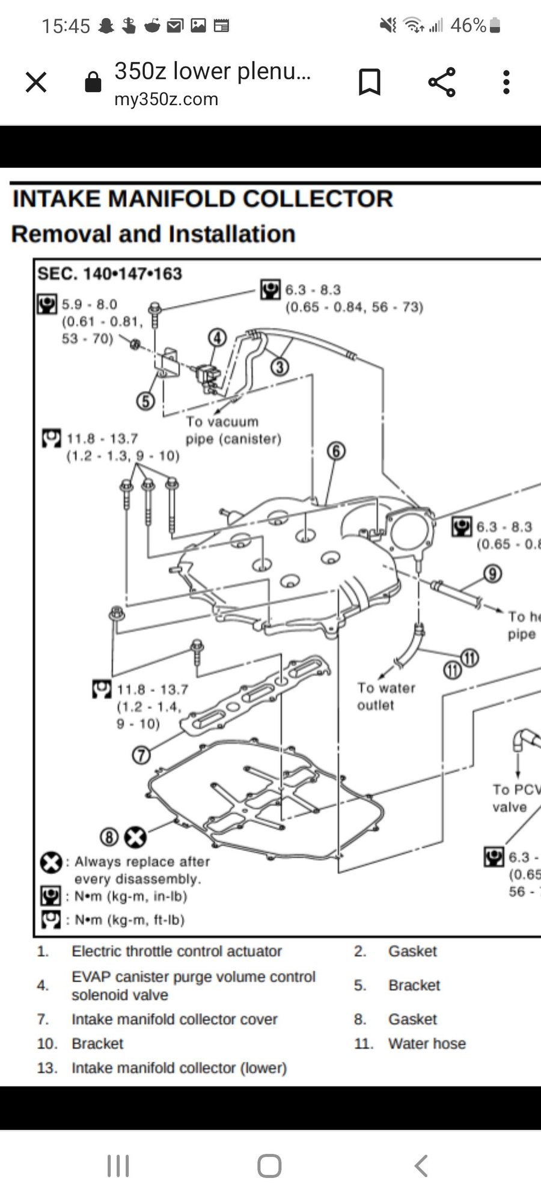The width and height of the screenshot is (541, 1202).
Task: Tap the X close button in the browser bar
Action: click(x=36, y=82)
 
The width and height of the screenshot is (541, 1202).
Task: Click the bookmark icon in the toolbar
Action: click(x=369, y=82)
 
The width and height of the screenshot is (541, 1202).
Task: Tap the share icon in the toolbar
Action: click(x=442, y=82)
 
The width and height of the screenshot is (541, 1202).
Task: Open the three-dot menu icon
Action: click(x=506, y=82)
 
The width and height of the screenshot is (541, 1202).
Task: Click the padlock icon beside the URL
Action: click(x=93, y=82)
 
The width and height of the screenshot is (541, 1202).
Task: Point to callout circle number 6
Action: click(x=336, y=451)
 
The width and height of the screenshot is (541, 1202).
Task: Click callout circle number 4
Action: click(x=218, y=338)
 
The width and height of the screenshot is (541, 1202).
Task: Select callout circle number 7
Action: click(x=141, y=754)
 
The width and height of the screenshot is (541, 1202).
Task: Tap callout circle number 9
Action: click(x=492, y=574)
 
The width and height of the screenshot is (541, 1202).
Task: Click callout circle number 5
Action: click(x=145, y=400)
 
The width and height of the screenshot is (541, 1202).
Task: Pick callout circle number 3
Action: click(x=279, y=366)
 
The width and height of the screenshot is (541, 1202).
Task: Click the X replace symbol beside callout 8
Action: click(x=135, y=837)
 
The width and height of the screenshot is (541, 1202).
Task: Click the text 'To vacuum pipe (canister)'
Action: click(x=233, y=430)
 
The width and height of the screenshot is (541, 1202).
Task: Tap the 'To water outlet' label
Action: click(x=386, y=696)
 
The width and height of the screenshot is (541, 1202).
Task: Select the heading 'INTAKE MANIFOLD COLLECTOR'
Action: click(x=203, y=199)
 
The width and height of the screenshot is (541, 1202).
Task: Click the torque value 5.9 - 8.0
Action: click(x=90, y=305)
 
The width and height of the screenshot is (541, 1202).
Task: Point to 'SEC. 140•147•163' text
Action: click(x=109, y=273)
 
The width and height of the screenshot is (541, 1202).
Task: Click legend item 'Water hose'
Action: click(x=427, y=1043)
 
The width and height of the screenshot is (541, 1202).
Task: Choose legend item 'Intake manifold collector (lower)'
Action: click(x=179, y=1068)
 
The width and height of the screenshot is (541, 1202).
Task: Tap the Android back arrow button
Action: click(x=421, y=1166)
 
